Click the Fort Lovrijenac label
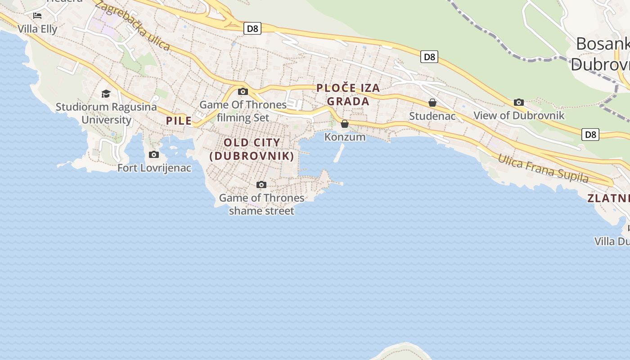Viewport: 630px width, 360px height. coord(154,168)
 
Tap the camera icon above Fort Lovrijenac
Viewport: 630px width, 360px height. coord(154,154)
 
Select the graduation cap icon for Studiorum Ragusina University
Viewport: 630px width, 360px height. coord(106,94)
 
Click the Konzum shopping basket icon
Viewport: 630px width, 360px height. coord(345,124)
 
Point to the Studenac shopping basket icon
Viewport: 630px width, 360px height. coord(432,103)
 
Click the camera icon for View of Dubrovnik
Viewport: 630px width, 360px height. coord(519,102)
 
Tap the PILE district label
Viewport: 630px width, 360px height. coord(179,121)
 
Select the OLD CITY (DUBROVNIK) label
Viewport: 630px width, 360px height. coord(252,149)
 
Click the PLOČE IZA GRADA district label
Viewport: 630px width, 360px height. coord(348,94)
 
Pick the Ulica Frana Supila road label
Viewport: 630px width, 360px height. coord(543,168)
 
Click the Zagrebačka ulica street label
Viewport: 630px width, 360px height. coord(132,27)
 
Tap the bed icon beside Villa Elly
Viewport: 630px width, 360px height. coord(37,16)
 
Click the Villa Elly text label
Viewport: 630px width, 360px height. coord(37,29)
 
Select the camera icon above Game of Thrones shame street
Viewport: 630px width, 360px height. coord(261,184)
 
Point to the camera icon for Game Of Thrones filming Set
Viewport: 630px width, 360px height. coord(243,91)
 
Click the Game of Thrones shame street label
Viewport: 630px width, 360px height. coord(261,204)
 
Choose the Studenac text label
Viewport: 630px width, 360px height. coord(432,116)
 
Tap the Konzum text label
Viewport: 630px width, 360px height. coord(345,137)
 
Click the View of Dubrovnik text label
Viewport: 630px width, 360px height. coord(519,115)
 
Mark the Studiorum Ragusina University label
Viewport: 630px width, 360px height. coord(106,113)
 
